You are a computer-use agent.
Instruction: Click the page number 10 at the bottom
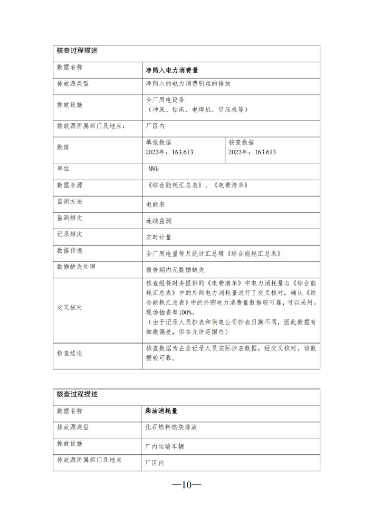(186, 485)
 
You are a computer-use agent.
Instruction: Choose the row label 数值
(63, 147)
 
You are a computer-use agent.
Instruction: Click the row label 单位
(63, 168)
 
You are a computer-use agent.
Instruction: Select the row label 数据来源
(70, 186)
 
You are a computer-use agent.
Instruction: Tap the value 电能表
(156, 203)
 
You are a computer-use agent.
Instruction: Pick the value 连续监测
(158, 221)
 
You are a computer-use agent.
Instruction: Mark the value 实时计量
(158, 237)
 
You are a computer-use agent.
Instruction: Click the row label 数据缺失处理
(76, 267)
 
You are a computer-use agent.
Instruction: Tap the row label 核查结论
(70, 353)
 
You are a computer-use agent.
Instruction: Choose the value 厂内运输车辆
(165, 446)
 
